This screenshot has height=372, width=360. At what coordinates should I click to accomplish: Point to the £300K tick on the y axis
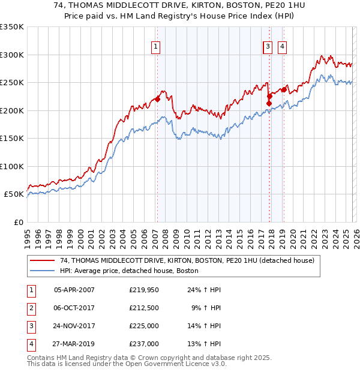12,55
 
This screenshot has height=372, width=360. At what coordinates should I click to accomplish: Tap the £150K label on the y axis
12,139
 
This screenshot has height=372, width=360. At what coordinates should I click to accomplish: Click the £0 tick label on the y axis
18,223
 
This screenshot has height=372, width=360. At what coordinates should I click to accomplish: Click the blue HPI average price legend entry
129,271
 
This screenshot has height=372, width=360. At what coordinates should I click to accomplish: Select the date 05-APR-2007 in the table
74,290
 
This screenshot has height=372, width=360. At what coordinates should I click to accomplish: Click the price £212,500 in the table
144,308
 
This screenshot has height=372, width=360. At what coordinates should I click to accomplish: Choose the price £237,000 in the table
144,344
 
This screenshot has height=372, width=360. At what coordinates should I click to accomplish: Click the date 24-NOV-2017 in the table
74,326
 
